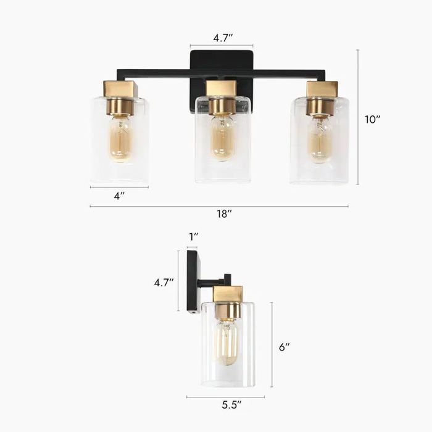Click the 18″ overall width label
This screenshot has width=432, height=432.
[x=224, y=214]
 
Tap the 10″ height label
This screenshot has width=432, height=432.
[x=373, y=119]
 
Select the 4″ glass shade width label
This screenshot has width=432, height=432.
[x=119, y=196]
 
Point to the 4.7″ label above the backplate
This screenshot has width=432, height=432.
[x=223, y=38]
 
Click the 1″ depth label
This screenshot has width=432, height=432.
[x=194, y=236]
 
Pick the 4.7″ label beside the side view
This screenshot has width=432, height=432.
[x=164, y=283]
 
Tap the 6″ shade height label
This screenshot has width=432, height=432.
[x=285, y=347]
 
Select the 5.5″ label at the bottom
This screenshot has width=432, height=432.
[x=231, y=405]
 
